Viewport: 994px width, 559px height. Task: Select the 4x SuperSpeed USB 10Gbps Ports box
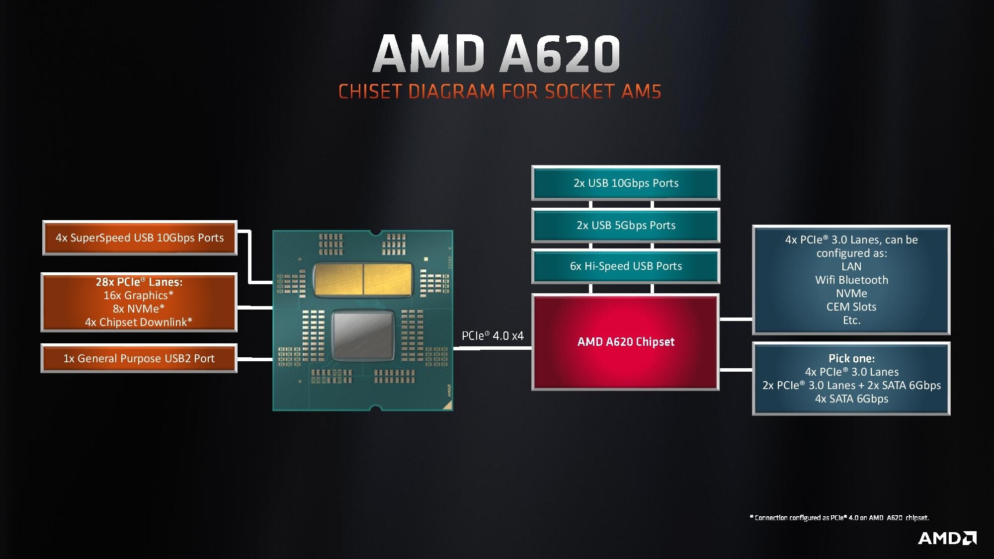[140, 238]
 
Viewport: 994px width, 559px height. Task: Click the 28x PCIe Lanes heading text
[139, 282]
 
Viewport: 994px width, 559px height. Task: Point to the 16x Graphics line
[139, 295]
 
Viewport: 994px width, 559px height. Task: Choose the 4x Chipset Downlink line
[139, 322]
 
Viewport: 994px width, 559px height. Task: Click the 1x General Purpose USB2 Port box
[139, 358]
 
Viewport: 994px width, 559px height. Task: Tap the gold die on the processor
[363, 280]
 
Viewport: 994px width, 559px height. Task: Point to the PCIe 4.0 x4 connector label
[493, 336]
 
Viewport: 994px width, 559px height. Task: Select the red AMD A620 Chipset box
[626, 342]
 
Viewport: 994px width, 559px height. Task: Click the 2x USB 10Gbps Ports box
[626, 183]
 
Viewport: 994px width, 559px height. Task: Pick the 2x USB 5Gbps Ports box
[626, 225]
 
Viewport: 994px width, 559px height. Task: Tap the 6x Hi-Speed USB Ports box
[626, 266]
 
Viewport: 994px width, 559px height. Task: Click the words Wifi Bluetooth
[851, 280]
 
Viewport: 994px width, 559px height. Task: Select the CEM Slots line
[851, 307]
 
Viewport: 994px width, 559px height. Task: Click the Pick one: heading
[851, 358]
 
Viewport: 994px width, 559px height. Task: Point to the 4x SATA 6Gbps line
[851, 399]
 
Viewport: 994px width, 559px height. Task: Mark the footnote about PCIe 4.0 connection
[839, 518]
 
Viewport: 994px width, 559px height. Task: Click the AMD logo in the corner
[947, 538]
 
